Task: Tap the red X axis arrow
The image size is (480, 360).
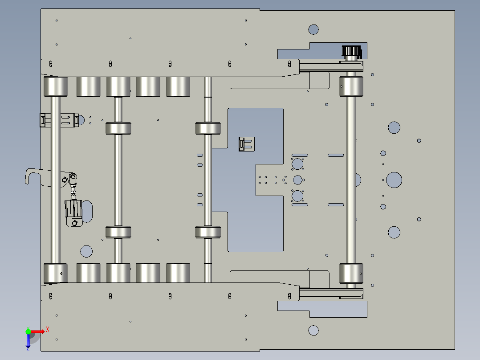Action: coord(38,331)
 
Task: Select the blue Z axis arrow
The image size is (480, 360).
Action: coord(28,341)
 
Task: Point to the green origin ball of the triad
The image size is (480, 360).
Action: coord(28,331)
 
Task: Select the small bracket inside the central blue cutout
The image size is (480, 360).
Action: coord(246,144)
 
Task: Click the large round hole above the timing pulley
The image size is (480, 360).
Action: coord(313,29)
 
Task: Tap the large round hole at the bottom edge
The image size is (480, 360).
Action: coord(313,330)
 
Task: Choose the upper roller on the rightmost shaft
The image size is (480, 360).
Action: coord(351,86)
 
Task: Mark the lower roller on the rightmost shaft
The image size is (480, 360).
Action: coord(351,273)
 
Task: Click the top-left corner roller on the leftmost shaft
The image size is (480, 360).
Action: coord(56,86)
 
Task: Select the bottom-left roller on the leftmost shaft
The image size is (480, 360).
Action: coord(56,273)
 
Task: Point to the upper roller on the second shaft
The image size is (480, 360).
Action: coord(118,128)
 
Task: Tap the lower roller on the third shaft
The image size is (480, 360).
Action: coord(208,232)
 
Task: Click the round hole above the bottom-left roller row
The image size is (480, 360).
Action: coord(86,251)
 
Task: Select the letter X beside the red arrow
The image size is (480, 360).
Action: coord(47,329)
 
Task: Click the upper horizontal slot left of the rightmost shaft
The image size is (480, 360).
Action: coord(336,155)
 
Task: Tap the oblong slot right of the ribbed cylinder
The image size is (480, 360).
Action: coord(88,211)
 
